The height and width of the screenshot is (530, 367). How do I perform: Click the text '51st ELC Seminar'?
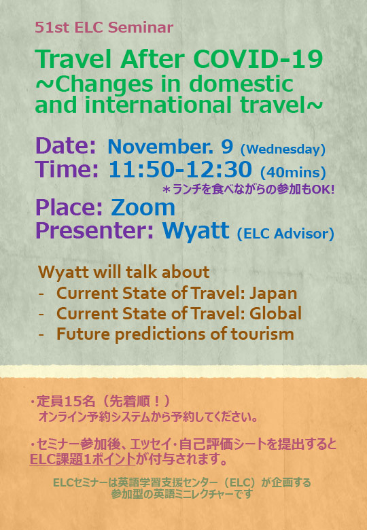104,27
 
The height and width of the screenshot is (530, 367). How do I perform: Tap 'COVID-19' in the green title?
258,60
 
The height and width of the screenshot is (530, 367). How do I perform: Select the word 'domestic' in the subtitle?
241,84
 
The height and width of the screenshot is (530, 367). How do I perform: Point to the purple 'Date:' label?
65,145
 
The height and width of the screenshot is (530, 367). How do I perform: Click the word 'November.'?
160,146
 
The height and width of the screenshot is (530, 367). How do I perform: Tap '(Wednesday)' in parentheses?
283,149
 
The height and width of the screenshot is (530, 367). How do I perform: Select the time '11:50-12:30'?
180,169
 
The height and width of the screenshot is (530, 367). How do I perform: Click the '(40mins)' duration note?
293,173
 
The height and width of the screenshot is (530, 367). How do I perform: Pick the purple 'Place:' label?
69,207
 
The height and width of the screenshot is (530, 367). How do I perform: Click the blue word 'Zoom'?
143,207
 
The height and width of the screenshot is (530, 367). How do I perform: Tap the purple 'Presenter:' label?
94,230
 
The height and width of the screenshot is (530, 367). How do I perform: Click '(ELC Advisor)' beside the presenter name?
285,234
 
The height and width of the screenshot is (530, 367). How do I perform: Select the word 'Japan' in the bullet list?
273,294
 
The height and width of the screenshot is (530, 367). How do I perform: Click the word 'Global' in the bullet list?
275,313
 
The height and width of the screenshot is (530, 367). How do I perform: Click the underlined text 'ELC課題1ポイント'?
82,459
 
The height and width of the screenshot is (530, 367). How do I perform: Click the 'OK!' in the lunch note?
323,190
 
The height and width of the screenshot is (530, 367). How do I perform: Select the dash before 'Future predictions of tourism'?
41,334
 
